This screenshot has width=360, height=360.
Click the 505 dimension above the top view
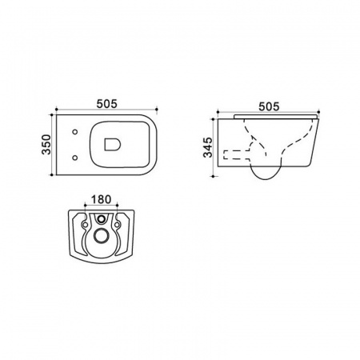tap(106, 104)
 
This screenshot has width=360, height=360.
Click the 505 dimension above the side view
tap(269, 106)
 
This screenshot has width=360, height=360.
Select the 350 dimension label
tap(46, 145)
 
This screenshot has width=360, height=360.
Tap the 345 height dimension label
tap(208, 147)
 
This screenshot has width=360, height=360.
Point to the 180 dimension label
tap(101, 199)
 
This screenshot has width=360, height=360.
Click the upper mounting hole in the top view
tap(75, 132)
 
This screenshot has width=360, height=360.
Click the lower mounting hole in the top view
tap(75, 158)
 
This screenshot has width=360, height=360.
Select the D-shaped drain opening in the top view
tap(113, 144)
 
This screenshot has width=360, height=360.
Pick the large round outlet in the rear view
tap(101, 236)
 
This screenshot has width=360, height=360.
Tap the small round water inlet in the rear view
tap(101, 219)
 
